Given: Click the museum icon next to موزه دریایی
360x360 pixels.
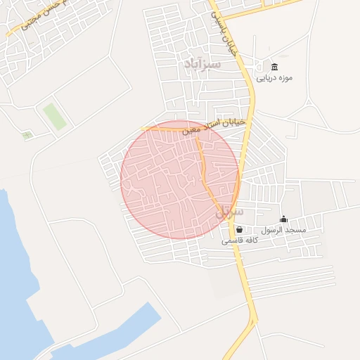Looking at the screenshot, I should [x=274, y=67].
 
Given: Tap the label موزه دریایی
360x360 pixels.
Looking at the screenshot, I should [x=274, y=78].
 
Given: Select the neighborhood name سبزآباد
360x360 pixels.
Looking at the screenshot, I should [x=202, y=64].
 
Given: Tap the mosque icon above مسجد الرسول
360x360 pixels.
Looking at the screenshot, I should [x=283, y=219].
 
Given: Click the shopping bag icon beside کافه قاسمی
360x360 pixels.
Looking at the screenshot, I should [x=239, y=229].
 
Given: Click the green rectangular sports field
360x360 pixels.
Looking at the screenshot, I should [x=54, y=117].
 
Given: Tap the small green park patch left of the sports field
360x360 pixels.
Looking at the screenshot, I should [x=27, y=134].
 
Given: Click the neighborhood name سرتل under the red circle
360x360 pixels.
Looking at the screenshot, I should [x=230, y=211].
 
